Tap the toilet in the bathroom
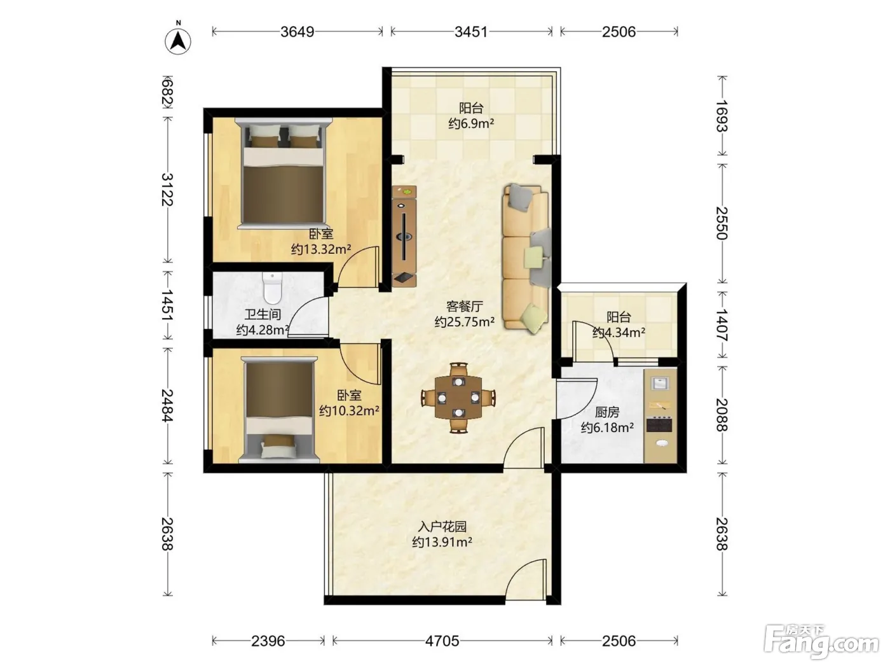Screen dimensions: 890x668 [272, 288]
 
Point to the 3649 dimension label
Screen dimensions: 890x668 [298, 32]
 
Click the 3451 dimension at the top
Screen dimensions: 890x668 [471, 32]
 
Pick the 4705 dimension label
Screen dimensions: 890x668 [442, 641]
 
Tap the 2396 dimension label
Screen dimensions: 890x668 [268, 641]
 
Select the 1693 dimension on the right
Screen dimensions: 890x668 [722, 116]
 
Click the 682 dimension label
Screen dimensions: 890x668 [167, 92]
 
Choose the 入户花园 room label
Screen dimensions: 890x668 [442, 527]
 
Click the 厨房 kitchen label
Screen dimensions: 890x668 [607, 412]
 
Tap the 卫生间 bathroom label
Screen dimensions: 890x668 [263, 314]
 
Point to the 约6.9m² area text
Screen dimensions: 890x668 [471, 123]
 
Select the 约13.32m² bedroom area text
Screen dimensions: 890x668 [321, 249]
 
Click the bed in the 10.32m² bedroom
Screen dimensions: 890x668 [279, 410]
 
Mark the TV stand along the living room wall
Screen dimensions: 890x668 [404, 237]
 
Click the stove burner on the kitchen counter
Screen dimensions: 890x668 [659, 424]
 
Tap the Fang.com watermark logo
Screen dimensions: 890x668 [821, 643]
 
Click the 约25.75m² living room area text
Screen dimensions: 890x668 [464, 322]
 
